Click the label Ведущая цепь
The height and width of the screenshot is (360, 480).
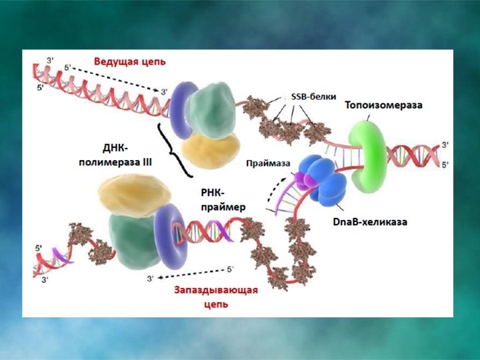(130, 61)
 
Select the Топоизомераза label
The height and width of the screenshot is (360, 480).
(383, 105)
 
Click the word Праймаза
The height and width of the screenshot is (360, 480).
(266, 163)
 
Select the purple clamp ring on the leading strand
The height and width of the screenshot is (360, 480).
(180, 109)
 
